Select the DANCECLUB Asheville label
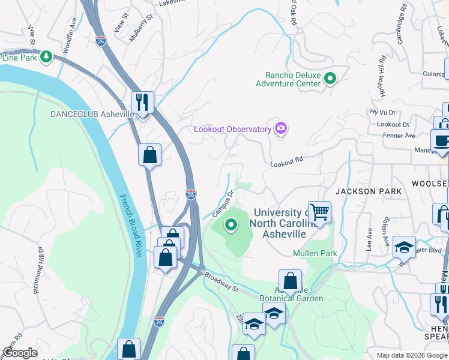click(x=92, y=114)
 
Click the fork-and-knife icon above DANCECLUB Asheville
click(x=143, y=102)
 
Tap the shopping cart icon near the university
click(x=319, y=211)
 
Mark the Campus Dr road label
click(x=223, y=205)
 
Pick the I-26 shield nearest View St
click(x=101, y=40)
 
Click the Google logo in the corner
click(x=20, y=353)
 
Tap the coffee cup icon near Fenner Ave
click(x=442, y=140)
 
